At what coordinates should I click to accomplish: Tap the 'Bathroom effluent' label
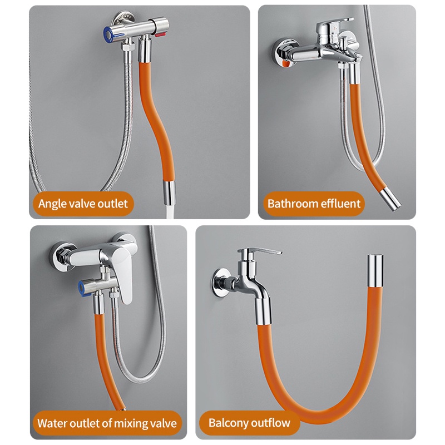tap(314, 203)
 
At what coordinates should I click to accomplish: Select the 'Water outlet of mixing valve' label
tap(107, 423)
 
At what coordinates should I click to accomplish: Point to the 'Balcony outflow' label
tap(249, 423)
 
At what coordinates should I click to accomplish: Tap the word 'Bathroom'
tap(293, 203)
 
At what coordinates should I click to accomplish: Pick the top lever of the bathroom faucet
tap(333, 29)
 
